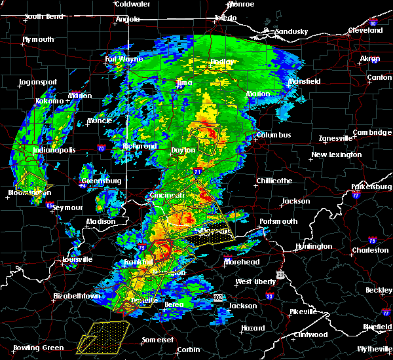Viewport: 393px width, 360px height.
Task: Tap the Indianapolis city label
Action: point(54,150)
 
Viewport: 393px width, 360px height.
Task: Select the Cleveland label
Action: point(365,30)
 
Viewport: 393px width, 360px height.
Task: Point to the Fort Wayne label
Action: point(124,59)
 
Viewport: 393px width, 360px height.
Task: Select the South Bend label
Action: point(43,16)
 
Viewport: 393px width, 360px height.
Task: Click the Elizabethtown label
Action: point(77,296)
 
